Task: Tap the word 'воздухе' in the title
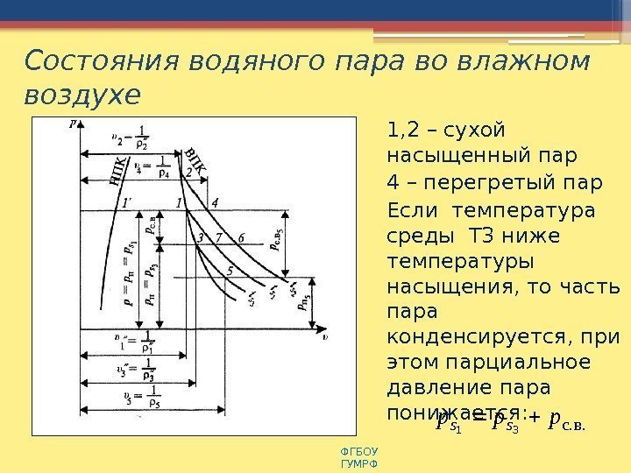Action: [x=82, y=94]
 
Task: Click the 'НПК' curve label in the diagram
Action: [x=120, y=171]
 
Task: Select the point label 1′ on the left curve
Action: [x=129, y=202]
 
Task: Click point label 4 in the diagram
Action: [x=215, y=202]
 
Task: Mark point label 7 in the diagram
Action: [x=218, y=236]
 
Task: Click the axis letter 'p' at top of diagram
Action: [x=73, y=124]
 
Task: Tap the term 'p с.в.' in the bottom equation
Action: [x=564, y=424]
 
